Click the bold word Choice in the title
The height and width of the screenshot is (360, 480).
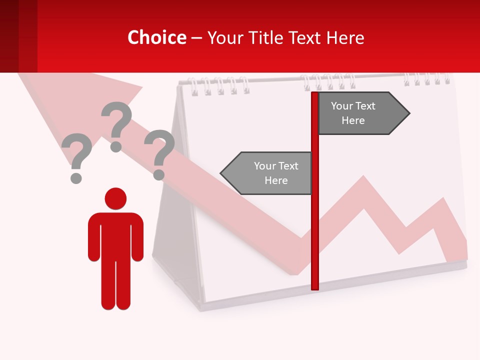157,38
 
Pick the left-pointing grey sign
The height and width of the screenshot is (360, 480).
270,173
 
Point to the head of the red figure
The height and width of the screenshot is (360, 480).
115,198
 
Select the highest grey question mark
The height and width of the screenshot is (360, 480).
116,122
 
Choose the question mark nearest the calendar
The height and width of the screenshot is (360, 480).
159,152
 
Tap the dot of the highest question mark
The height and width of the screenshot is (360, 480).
116,146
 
